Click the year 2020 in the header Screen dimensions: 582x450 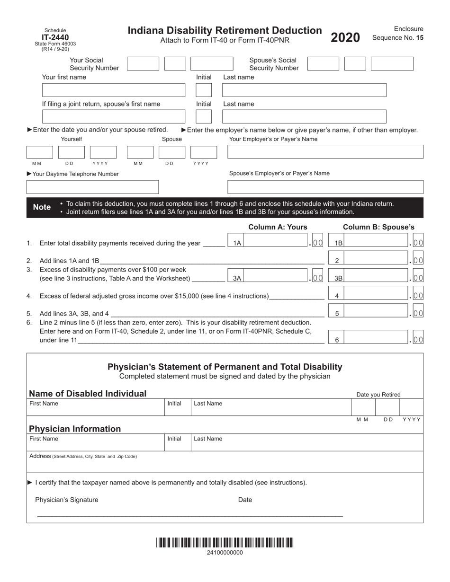tap(345, 38)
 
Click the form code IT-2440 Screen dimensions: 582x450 tap(55, 37)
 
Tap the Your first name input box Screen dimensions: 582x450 tap(114, 90)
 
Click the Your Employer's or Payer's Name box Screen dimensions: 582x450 tap(325, 152)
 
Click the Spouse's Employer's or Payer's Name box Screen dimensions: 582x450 tap(325, 187)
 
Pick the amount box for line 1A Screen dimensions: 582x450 tap(277, 243)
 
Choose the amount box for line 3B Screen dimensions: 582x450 tap(377, 278)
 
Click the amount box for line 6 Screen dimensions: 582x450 tap(377, 339)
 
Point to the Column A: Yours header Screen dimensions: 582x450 tap(278, 227)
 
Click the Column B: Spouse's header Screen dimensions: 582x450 tap(378, 227)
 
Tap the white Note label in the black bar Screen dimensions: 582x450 tap(42, 207)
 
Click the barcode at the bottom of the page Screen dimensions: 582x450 tap(225, 542)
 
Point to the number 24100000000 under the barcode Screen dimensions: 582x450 tap(225, 553)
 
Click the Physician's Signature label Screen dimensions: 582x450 tap(67, 500)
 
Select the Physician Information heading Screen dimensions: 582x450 tap(75, 429)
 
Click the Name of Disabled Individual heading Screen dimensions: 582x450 tap(88, 394)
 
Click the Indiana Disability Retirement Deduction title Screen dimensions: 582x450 tap(225, 31)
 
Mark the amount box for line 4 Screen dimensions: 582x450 tap(377, 296)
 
